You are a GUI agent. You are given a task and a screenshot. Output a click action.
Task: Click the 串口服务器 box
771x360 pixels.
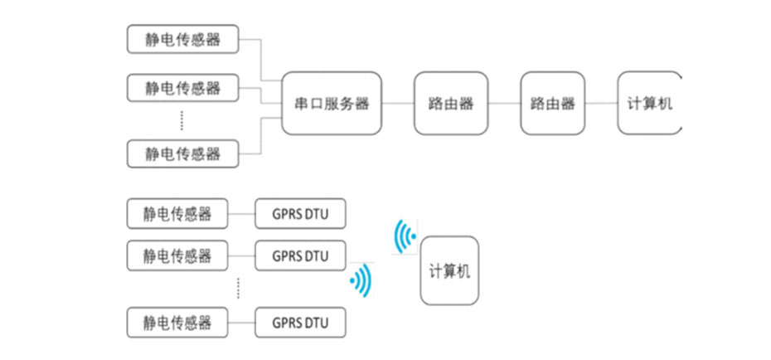pyautogui.click(x=332, y=104)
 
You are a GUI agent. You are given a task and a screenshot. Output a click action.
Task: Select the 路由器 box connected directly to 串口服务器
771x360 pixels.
pyautogui.click(x=451, y=104)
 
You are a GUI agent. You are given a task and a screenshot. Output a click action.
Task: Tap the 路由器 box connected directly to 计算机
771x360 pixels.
pyautogui.click(x=553, y=104)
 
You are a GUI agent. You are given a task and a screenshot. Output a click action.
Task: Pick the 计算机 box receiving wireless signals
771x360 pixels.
pyautogui.click(x=449, y=270)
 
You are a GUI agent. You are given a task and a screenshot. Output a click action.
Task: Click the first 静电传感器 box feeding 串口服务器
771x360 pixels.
pyautogui.click(x=182, y=37)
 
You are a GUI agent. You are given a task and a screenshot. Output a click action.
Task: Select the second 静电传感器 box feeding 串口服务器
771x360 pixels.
pyautogui.click(x=182, y=87)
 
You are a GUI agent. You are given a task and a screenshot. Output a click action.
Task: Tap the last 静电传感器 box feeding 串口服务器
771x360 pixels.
pyautogui.click(x=182, y=153)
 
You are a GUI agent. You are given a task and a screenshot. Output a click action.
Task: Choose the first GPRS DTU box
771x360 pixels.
pyautogui.click(x=299, y=214)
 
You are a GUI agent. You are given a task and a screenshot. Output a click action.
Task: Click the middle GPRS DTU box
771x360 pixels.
pyautogui.click(x=299, y=255)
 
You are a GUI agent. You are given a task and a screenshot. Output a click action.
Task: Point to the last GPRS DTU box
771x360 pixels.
pyautogui.click(x=299, y=321)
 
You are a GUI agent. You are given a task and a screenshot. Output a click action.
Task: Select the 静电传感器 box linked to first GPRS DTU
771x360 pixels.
pyautogui.click(x=177, y=214)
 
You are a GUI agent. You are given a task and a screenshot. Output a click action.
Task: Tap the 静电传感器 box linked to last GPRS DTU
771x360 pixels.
pyautogui.click(x=177, y=321)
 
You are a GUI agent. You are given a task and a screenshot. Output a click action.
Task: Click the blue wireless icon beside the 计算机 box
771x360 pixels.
pyautogui.click(x=405, y=236)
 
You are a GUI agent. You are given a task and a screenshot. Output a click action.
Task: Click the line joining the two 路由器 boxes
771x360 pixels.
pyautogui.click(x=504, y=104)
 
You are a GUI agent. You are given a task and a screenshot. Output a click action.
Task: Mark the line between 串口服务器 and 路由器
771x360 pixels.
pyautogui.click(x=398, y=104)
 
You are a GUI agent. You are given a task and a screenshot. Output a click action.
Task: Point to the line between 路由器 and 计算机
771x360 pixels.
pyautogui.click(x=601, y=104)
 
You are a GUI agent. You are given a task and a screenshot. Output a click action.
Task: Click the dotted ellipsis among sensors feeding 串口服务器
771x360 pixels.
pyautogui.click(x=182, y=121)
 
